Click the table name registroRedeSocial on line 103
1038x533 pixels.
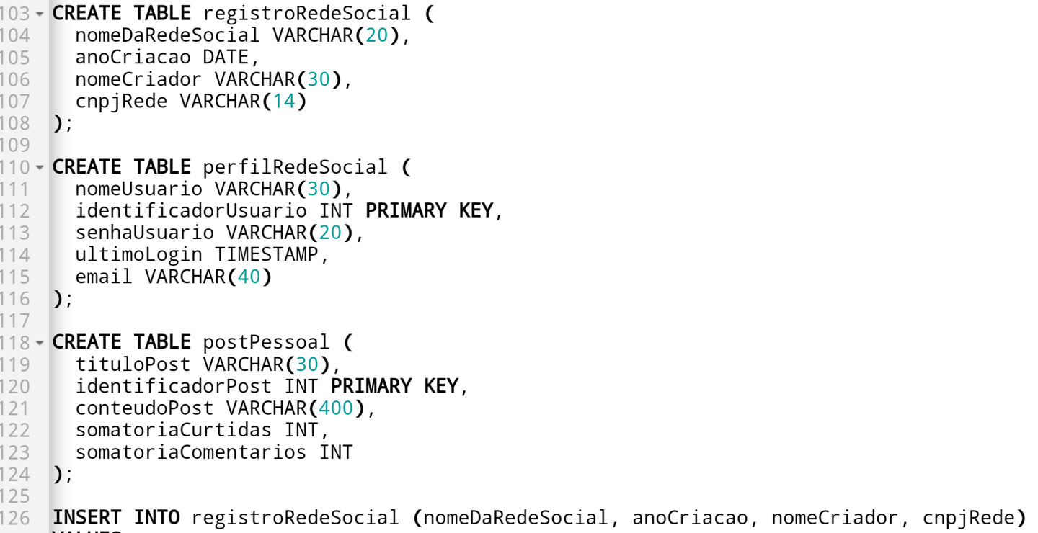[x=306, y=13]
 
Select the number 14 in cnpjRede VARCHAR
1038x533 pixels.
[x=284, y=101]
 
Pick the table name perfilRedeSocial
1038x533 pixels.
[x=295, y=167]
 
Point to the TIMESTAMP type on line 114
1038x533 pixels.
[x=266, y=255]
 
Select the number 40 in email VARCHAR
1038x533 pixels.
[x=249, y=277]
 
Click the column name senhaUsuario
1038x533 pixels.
[x=145, y=233]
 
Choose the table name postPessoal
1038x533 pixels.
[x=266, y=342]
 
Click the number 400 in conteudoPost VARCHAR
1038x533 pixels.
[x=336, y=408]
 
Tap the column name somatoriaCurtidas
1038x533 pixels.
[x=174, y=430]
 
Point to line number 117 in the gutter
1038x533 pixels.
[x=15, y=321]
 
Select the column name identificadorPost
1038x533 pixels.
[x=174, y=386]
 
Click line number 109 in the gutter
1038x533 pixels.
[x=15, y=145]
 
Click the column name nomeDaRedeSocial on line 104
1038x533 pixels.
[x=167, y=35]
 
